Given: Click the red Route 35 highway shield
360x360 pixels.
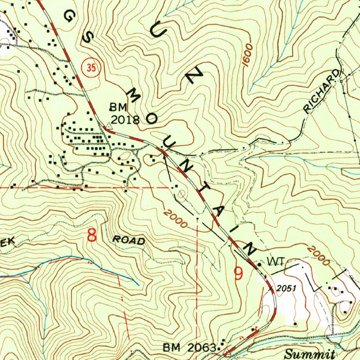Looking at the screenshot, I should [91, 68].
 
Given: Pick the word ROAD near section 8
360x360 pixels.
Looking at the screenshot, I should [129, 240].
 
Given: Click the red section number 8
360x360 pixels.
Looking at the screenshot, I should [92, 236].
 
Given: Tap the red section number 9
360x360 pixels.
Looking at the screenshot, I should [239, 274].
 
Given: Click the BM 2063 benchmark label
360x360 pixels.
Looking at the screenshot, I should [189, 348].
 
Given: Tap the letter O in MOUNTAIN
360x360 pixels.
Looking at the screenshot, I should [152, 119].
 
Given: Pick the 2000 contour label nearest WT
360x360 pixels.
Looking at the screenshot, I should [319, 256].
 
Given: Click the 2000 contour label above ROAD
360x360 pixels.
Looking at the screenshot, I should [175, 219].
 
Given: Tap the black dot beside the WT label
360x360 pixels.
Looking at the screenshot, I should [259, 263].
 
